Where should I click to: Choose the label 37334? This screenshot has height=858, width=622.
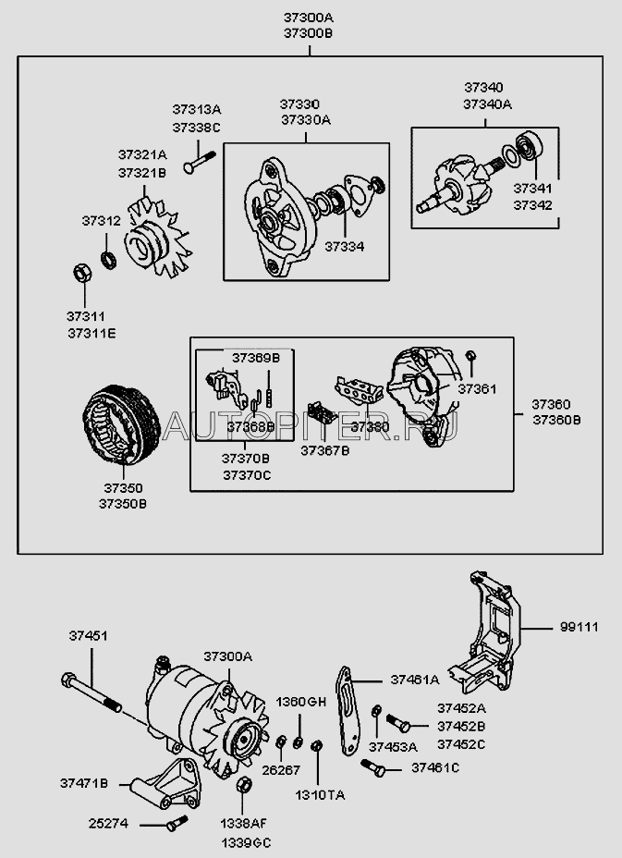[344, 247]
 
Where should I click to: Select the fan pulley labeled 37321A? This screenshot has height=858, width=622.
[152, 239]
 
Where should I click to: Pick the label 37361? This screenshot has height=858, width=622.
[477, 389]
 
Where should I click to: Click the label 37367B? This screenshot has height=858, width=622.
[324, 450]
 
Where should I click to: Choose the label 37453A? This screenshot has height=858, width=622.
[394, 745]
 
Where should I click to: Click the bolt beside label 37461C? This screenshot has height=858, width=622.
[373, 766]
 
